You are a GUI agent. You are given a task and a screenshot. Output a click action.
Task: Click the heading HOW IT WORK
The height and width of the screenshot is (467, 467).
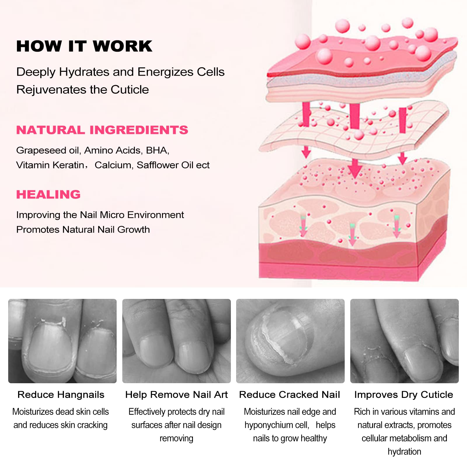tap(84, 46)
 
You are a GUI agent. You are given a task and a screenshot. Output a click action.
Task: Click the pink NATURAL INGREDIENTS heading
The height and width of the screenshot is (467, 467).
tap(102, 130)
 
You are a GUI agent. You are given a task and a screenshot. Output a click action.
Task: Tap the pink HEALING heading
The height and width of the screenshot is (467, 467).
tap(48, 194)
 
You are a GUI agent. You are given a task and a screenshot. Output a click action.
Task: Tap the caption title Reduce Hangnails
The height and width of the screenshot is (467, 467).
tap(61, 395)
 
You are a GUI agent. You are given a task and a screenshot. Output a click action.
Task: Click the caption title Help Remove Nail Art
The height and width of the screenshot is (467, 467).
tap(177, 395)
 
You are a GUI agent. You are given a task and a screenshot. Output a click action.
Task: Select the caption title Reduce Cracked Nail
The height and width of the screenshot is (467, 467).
tap(290, 395)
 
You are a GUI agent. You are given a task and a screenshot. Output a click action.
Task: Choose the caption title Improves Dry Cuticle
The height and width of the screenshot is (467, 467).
tap(404, 395)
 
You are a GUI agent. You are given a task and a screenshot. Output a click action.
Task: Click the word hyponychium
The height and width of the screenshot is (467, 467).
tap(270, 425)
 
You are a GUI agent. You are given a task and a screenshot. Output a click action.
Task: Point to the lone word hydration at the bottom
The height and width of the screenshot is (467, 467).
tap(404, 452)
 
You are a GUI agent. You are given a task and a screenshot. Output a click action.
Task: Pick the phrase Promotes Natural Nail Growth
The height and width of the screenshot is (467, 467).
tap(83, 229)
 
